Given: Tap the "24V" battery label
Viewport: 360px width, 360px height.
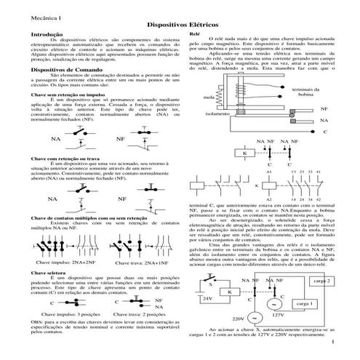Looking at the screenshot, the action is (x=209, y=298).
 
